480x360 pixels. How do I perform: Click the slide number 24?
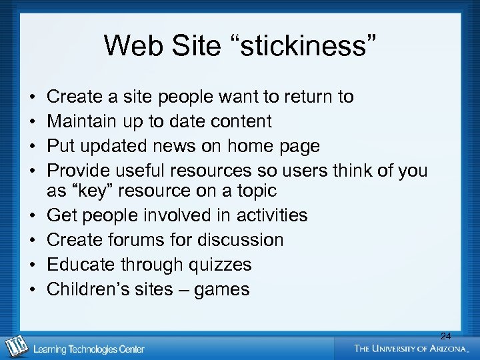coord(445,337)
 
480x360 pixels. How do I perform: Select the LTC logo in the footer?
coord(17,346)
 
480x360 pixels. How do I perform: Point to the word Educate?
coord(81,265)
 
